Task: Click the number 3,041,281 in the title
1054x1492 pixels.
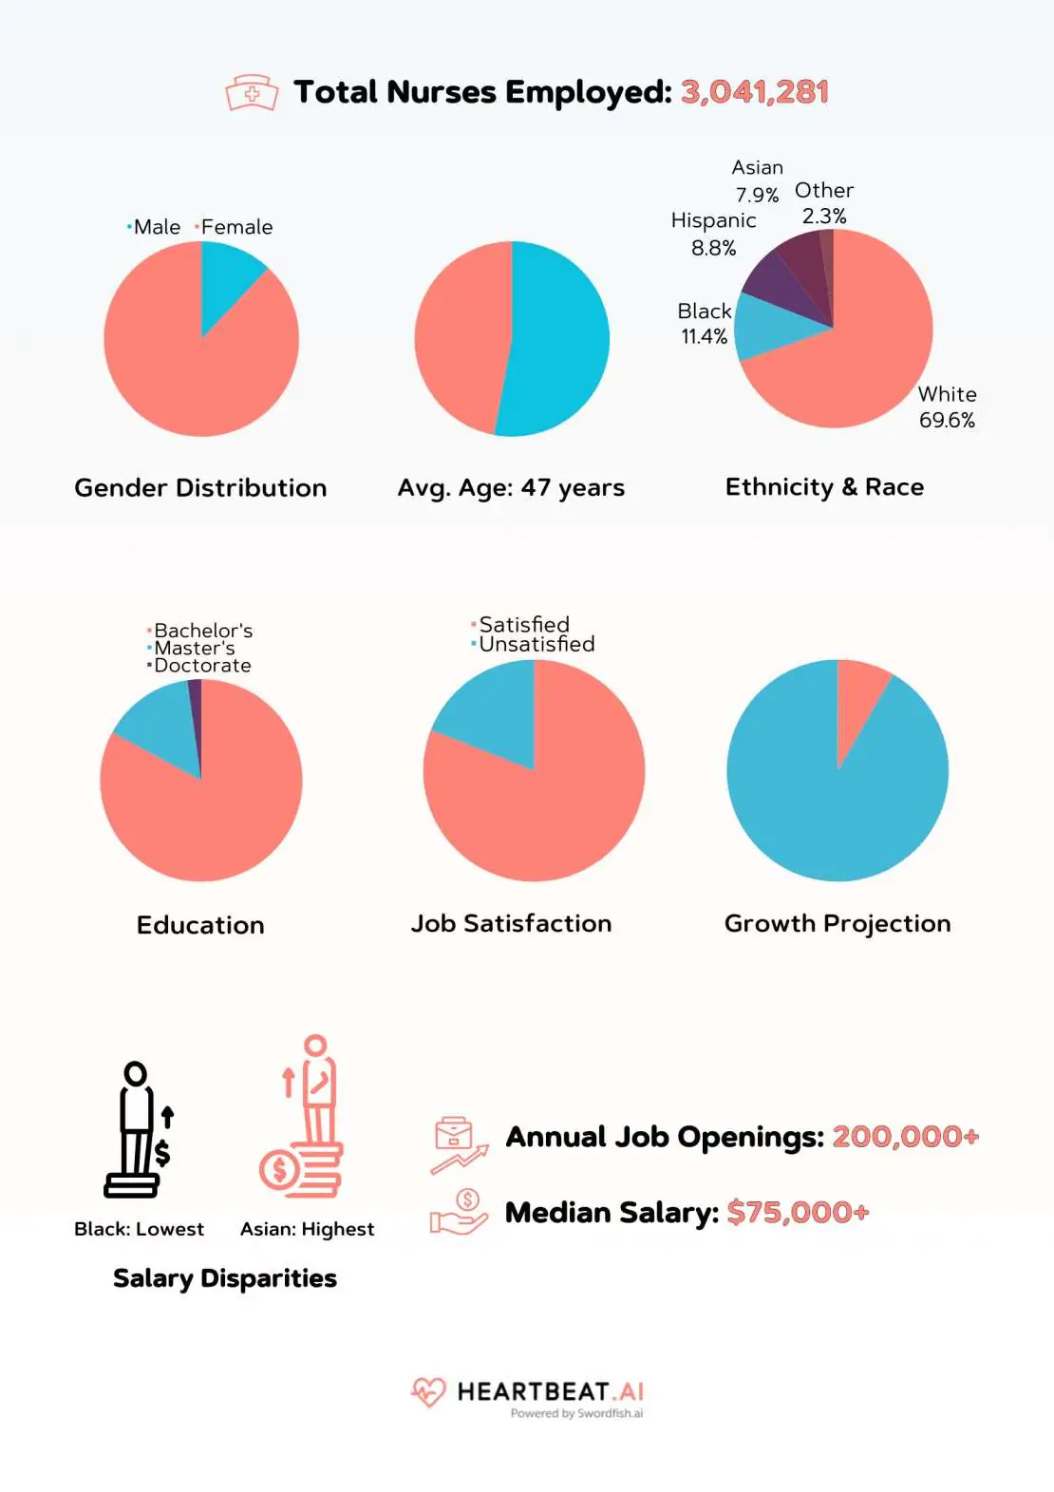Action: tap(755, 92)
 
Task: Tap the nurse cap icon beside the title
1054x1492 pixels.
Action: tap(252, 94)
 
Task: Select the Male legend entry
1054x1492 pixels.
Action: tap(156, 227)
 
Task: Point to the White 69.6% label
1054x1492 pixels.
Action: tap(947, 407)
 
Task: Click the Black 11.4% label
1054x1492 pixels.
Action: tap(704, 324)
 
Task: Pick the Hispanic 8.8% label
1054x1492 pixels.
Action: tap(713, 234)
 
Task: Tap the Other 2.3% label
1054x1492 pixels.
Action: tap(824, 203)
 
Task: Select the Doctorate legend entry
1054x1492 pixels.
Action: tap(201, 666)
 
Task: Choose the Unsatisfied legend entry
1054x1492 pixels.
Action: tap(536, 644)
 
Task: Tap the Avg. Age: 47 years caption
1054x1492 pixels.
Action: tap(511, 488)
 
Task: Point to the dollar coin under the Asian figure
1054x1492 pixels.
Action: tap(279, 1169)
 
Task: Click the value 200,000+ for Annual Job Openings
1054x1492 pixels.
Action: tap(905, 1137)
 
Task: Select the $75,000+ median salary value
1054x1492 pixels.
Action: tap(798, 1213)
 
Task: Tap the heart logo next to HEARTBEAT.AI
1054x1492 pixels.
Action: tap(428, 1392)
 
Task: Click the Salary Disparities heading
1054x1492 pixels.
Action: tap(225, 1278)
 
